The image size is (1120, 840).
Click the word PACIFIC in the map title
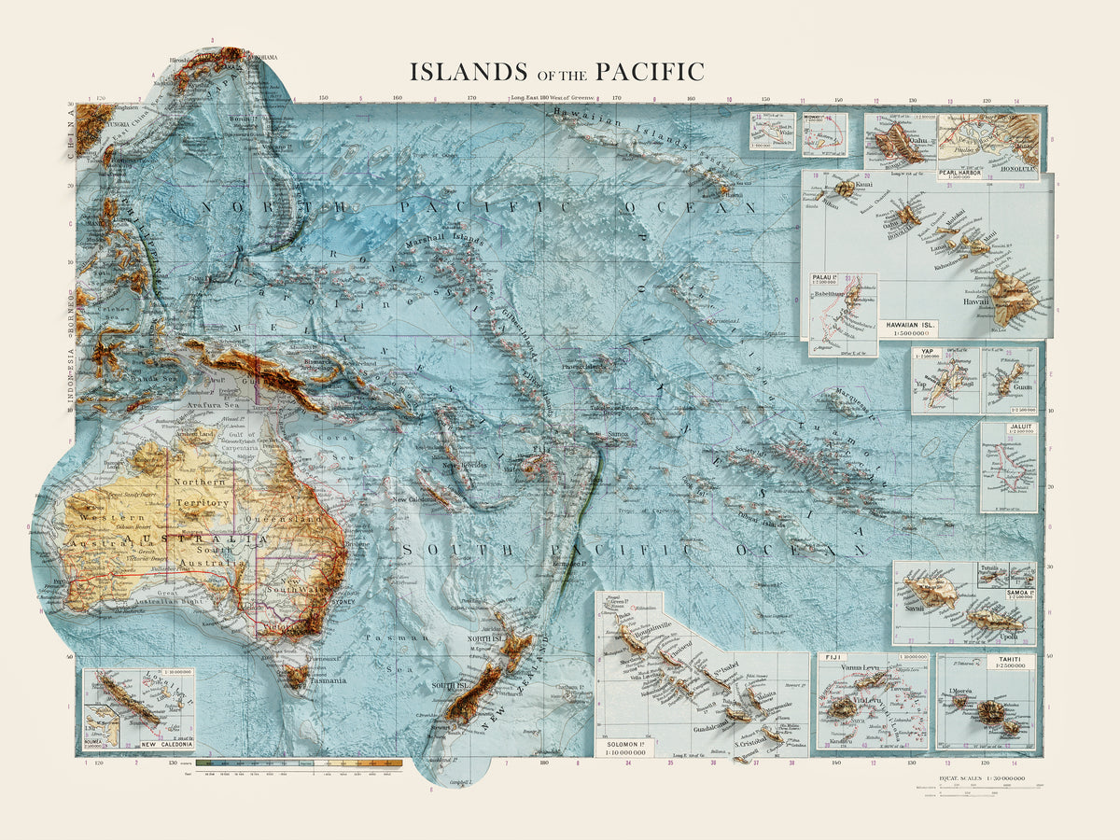[x=645, y=72]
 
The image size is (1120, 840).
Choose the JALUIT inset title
[x=1019, y=428]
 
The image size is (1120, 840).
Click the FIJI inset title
[x=832, y=658]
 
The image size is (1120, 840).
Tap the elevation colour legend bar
[x=299, y=763]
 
